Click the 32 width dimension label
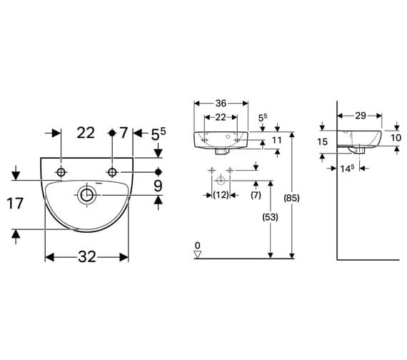coord(87,257)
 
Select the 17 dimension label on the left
coord(15,204)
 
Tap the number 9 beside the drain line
coord(158,186)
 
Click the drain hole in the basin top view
coord(86,195)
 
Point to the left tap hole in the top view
coord(61,172)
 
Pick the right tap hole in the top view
coord(112,172)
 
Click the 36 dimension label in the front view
coord(221,104)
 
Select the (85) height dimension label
coord(291,198)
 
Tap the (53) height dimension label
coord(270,217)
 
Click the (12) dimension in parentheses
coord(221,195)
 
